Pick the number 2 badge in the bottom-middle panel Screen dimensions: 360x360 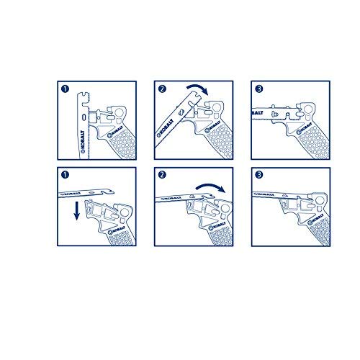click(162, 177)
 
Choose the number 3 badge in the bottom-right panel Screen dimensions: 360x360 click(257, 177)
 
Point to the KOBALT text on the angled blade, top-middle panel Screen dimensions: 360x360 click(159, 132)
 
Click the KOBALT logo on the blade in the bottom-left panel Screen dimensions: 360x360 click(73, 193)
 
